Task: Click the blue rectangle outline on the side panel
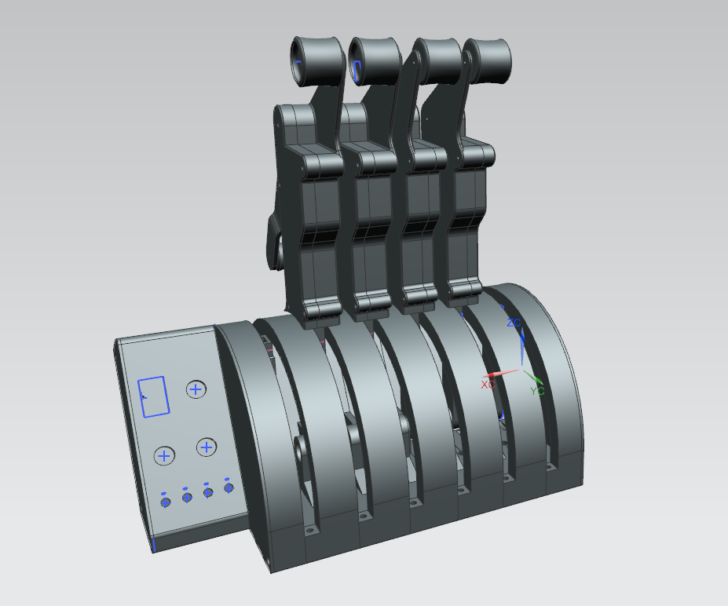pos(154,396)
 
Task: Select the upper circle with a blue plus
pos(196,389)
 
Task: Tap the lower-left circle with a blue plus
pos(163,455)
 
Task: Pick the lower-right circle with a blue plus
pos(206,447)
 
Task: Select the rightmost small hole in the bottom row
pos(229,487)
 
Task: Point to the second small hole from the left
pos(187,498)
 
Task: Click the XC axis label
pos(488,385)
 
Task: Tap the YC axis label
pos(537,390)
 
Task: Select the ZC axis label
pos(514,323)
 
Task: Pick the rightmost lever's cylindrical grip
pos(488,58)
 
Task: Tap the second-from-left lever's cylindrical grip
pos(374,61)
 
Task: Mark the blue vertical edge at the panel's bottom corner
pos(155,544)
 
